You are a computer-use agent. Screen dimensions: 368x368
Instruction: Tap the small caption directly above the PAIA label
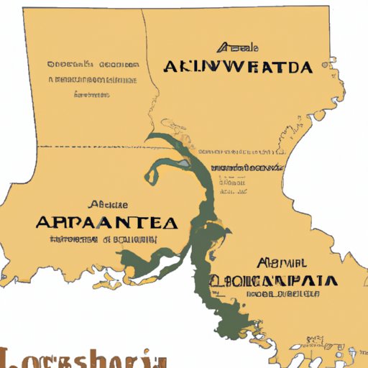[x=277, y=262]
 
